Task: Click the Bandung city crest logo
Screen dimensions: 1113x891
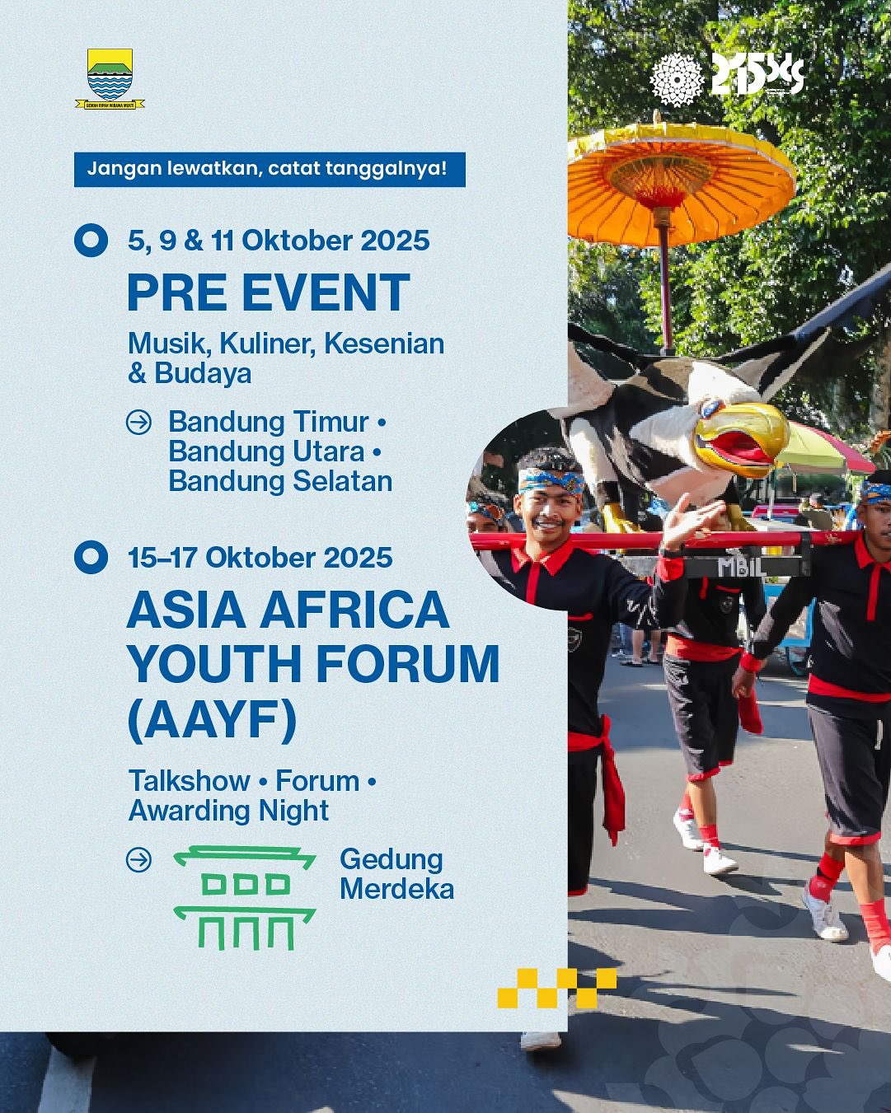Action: pos(110,77)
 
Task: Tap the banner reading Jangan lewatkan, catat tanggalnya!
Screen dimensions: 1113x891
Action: pos(270,169)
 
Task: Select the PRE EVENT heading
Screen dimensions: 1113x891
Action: pos(268,292)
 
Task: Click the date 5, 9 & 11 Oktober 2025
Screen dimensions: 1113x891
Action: pos(279,241)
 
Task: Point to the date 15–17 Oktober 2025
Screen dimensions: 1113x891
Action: pos(260,558)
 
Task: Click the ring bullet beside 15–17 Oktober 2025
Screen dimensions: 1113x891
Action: pos(91,557)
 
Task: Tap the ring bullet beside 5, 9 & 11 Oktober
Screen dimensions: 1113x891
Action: pos(91,240)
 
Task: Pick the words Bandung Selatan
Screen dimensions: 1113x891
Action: pos(280,481)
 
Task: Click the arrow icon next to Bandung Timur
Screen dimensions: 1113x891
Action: pos(138,423)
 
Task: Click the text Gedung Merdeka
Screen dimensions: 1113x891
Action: pos(396,874)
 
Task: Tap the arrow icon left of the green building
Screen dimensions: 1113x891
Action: pos(138,860)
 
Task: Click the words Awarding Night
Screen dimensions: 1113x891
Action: pos(228,811)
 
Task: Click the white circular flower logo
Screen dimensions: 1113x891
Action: pos(676,79)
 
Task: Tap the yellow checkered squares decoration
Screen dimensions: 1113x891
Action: pos(556,988)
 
